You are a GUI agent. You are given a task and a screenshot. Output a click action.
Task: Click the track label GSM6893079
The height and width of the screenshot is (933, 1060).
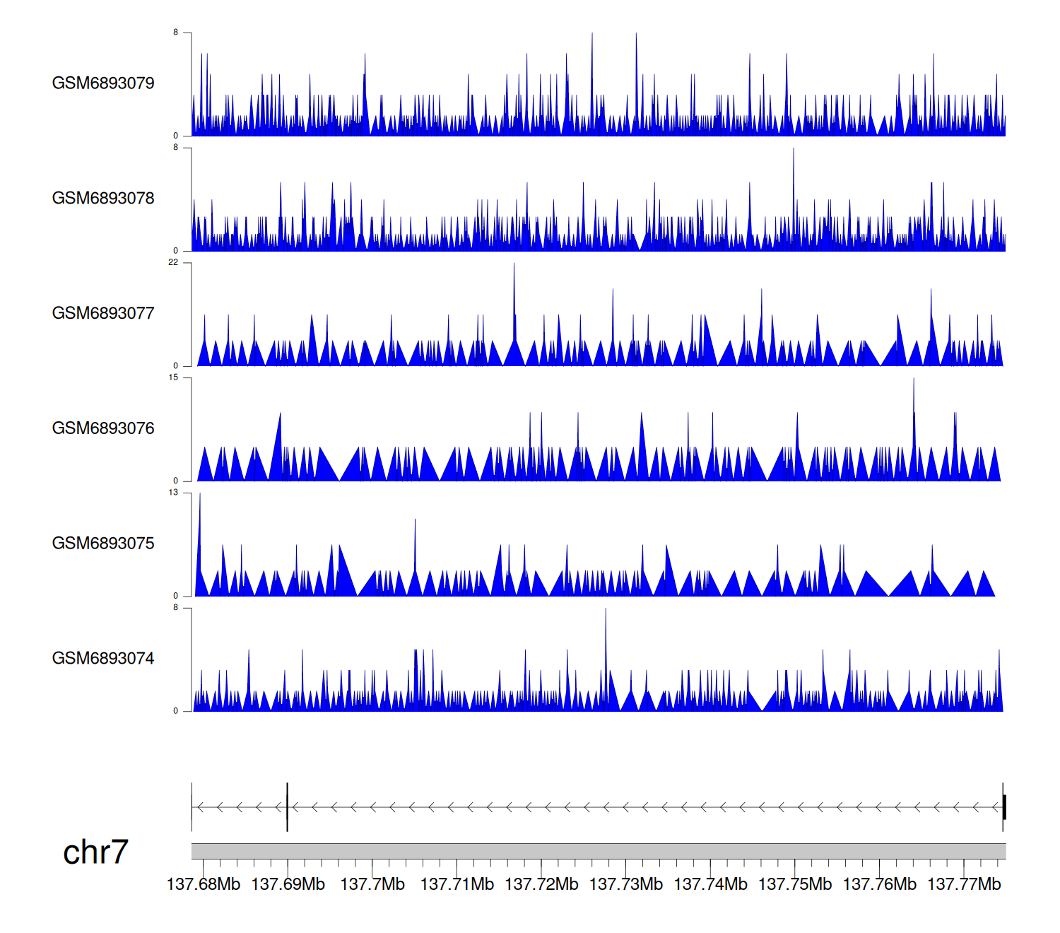pos(103,83)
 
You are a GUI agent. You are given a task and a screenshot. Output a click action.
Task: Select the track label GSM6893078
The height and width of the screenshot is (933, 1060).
pos(103,199)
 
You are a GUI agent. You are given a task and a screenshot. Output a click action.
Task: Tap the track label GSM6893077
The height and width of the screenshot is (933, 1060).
pos(103,314)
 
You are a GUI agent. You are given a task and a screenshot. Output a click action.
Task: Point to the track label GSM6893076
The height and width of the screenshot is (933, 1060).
pos(103,428)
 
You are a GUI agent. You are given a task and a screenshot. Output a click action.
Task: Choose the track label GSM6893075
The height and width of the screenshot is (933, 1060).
pos(103,544)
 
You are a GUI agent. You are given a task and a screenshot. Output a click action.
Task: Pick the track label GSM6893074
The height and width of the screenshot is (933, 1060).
pos(103,659)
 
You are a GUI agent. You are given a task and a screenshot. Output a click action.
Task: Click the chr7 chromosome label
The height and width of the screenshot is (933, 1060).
pos(95,852)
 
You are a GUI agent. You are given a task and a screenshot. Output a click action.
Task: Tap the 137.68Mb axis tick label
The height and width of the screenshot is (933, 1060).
pos(204,885)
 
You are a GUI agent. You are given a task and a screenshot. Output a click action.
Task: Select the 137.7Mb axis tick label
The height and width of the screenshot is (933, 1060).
pos(372,885)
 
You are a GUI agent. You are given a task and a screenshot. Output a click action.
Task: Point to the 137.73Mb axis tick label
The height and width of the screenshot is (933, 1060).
pos(626,885)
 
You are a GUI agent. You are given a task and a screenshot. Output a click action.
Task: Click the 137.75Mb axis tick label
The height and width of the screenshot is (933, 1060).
pos(795,885)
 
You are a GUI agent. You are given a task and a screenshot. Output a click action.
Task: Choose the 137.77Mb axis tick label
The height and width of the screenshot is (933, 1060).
pos(964,885)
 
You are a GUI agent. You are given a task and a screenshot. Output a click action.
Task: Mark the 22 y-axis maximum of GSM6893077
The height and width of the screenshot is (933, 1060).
pos(173,263)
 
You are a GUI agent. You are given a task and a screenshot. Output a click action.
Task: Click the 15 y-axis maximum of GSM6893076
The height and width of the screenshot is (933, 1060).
pos(173,378)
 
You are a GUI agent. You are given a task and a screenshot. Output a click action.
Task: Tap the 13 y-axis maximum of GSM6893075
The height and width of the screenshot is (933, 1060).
pos(173,493)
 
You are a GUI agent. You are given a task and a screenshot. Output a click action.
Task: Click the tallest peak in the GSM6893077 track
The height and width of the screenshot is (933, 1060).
pos(514,266)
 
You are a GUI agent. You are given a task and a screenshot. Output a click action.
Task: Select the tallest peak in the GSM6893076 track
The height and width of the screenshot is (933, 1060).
pos(914,381)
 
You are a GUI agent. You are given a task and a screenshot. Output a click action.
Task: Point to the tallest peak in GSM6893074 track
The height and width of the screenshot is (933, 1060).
pos(606,611)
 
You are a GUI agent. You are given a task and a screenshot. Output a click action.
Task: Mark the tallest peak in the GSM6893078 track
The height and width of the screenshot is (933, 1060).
pos(793,151)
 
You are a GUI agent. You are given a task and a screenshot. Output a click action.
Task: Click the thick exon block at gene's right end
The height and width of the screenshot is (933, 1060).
pos(1004,807)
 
